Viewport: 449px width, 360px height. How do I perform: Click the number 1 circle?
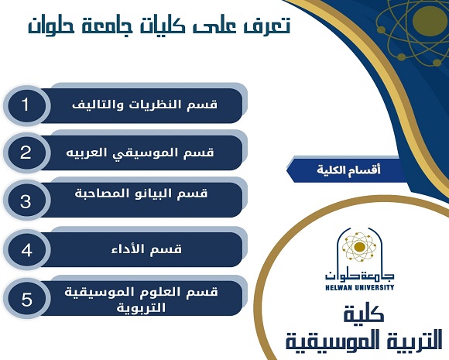[x=26, y=105]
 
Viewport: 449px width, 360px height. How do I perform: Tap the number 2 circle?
[x=26, y=153]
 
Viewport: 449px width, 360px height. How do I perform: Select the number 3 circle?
[x=26, y=201]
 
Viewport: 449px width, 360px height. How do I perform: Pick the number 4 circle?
[x=26, y=250]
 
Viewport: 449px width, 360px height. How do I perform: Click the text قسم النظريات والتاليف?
[x=145, y=105]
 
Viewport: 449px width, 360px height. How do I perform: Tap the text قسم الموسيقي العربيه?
[x=140, y=153]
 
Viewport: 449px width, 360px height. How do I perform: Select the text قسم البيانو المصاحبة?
[x=141, y=194]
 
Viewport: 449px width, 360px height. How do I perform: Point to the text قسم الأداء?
[x=146, y=249]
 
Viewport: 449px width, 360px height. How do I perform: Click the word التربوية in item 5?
[x=141, y=308]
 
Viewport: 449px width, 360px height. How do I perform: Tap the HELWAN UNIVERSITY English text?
[x=359, y=287]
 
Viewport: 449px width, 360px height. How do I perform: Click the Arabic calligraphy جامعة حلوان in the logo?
[x=359, y=276]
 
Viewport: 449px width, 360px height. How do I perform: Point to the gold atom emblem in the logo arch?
[x=359, y=247]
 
